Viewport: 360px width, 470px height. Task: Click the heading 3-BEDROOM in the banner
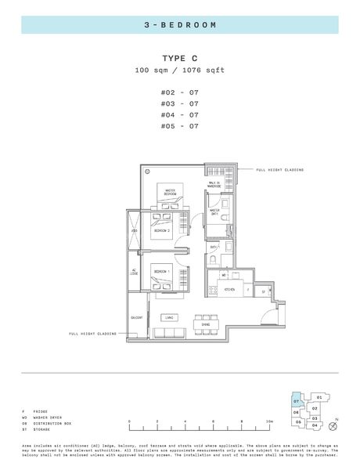[x=180, y=25]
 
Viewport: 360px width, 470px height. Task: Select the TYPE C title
[x=179, y=59]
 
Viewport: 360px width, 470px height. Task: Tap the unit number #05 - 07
[x=179, y=125]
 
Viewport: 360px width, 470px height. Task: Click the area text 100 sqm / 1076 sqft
[x=179, y=70]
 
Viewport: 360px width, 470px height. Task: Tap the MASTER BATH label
[x=214, y=211]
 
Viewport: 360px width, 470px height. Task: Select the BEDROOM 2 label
[x=163, y=231]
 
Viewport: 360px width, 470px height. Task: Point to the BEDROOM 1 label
[x=162, y=271]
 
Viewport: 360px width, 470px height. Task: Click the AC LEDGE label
[x=135, y=273]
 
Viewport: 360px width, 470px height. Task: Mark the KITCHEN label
[x=230, y=289]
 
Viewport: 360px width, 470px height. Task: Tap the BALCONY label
[x=135, y=318]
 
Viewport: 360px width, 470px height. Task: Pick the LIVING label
[x=168, y=317]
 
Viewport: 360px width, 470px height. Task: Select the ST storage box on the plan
[x=264, y=290]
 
